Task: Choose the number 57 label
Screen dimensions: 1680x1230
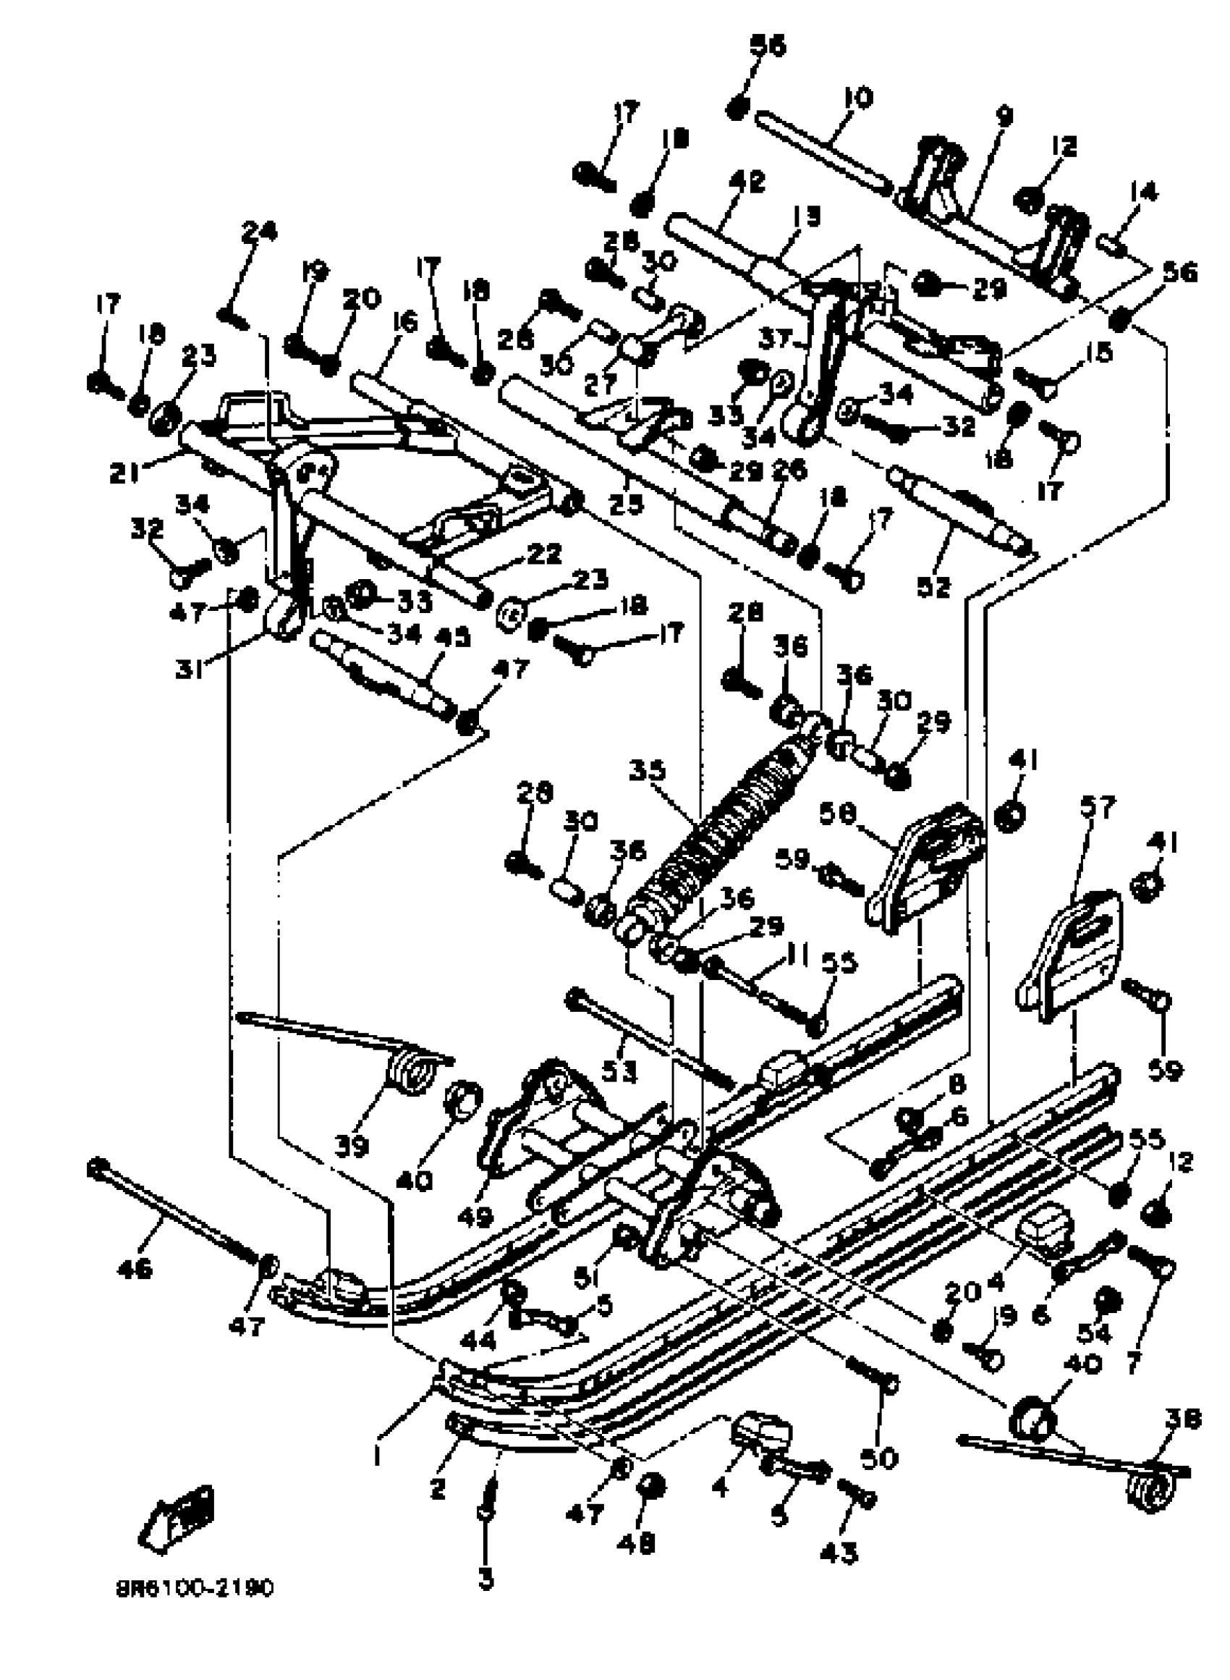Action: pos(1100,806)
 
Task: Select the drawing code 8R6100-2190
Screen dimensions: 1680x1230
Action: pos(195,1589)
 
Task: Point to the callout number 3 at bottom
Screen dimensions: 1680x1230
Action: pos(485,1576)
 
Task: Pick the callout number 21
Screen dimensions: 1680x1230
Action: pos(124,472)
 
